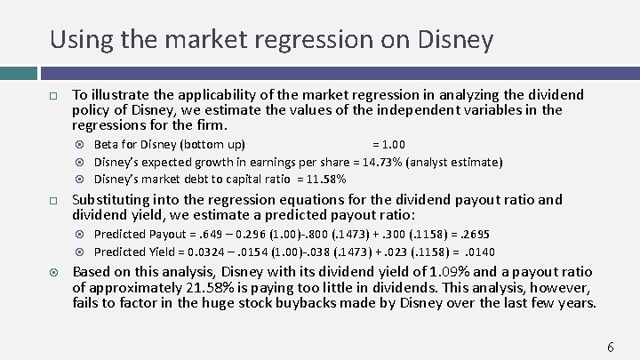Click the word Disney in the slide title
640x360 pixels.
(455, 39)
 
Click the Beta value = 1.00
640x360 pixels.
(388, 145)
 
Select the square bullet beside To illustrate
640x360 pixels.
(53, 95)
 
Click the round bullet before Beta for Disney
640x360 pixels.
(82, 145)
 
